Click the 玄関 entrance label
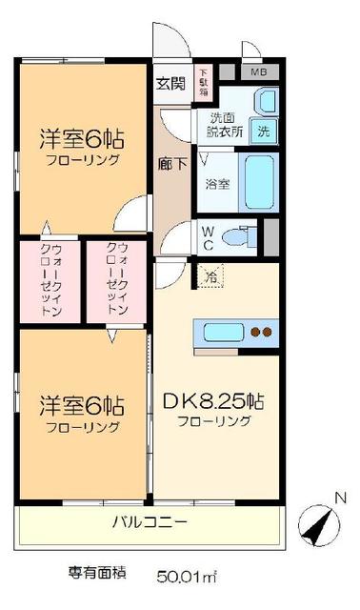[x=173, y=82]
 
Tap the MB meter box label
[x=258, y=71]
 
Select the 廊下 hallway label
[x=172, y=162]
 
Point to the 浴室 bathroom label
[x=216, y=183]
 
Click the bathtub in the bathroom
[x=260, y=178]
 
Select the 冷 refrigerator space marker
[x=210, y=276]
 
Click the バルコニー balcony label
[x=150, y=522]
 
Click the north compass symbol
[x=318, y=521]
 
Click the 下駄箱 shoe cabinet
[x=203, y=75]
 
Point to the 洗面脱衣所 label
[x=226, y=126]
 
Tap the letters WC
[x=208, y=234]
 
